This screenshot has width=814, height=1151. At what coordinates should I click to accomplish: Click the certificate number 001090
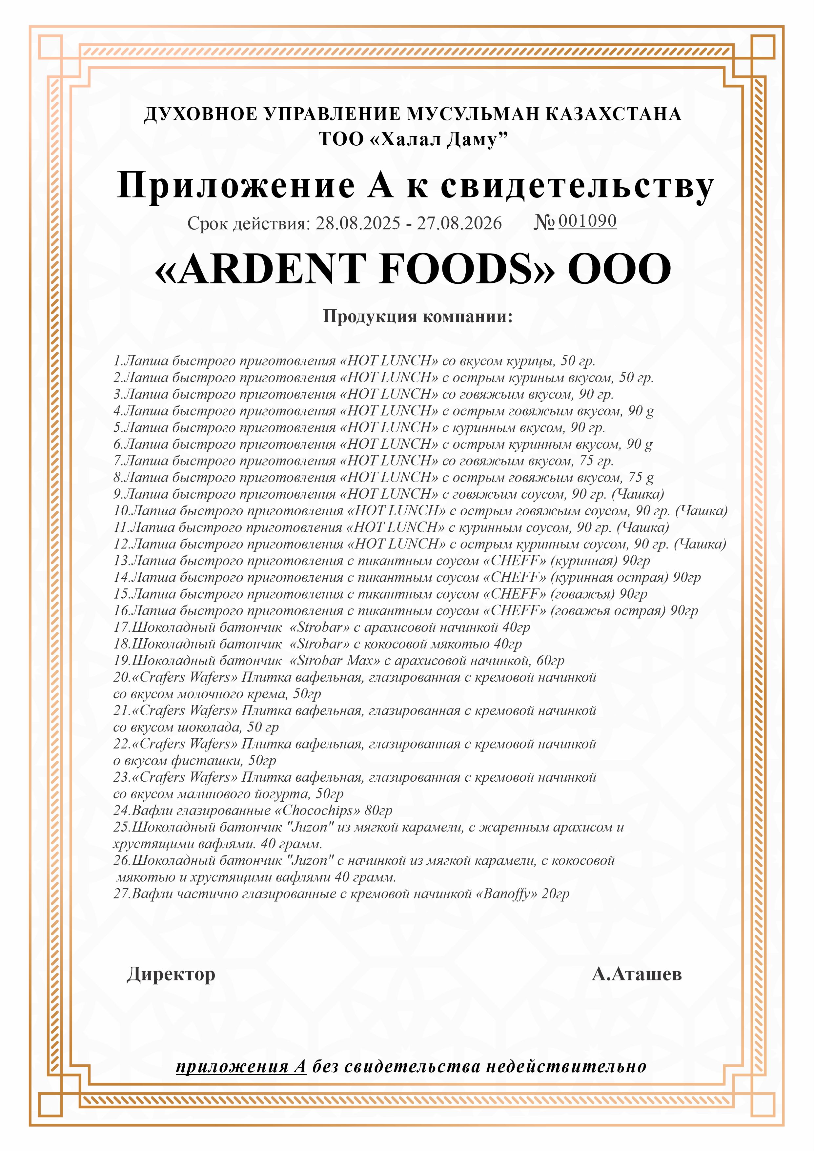tap(587, 221)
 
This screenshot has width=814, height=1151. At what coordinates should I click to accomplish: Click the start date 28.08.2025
tap(357, 224)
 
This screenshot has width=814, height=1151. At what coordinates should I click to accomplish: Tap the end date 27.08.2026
tap(459, 224)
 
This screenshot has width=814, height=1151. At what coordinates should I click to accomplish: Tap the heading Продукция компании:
tap(417, 316)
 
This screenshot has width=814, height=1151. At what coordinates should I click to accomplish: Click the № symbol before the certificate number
tap(543, 222)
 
